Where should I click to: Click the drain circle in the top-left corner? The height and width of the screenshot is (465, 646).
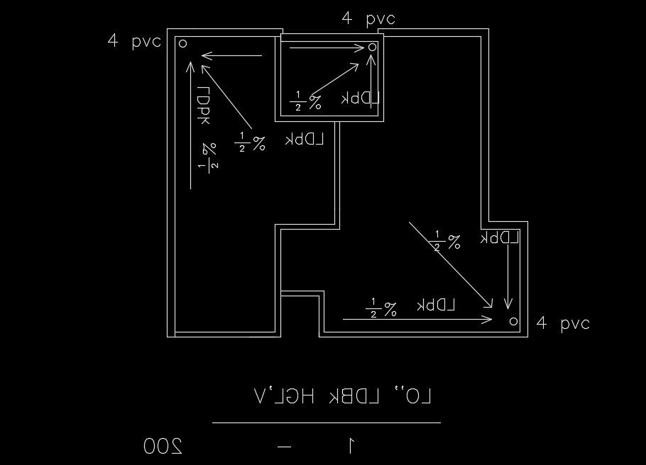coord(182,43)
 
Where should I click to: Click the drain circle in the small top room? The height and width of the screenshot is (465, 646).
coord(373,47)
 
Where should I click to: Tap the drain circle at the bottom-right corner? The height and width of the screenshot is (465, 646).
coord(514,322)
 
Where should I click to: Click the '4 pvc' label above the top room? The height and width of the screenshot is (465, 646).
coord(368,19)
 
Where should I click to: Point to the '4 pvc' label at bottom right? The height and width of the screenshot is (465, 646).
coord(563,324)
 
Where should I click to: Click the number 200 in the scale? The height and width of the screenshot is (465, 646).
coord(163,446)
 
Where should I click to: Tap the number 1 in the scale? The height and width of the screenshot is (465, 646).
coord(351,446)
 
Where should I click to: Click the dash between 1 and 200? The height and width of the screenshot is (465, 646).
coord(285,447)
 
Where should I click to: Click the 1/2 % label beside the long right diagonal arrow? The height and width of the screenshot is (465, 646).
coord(447,241)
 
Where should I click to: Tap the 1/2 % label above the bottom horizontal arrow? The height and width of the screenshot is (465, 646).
coord(381,308)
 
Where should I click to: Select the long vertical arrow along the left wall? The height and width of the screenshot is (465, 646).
coord(192,125)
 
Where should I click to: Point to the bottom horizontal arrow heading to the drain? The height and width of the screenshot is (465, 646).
coord(417,320)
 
